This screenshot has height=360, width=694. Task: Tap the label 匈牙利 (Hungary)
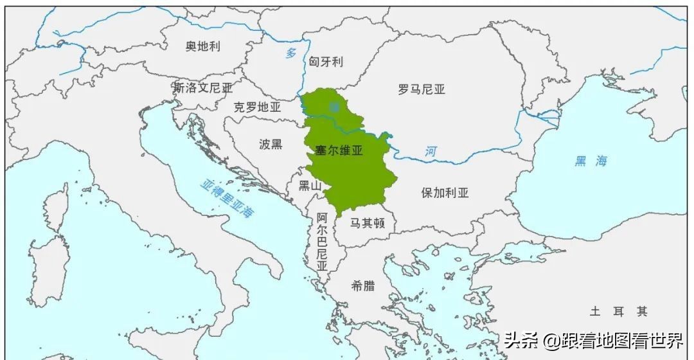(x=326, y=62)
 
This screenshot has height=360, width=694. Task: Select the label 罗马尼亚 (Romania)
(x=421, y=89)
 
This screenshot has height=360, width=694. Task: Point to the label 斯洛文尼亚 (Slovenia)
(x=202, y=87)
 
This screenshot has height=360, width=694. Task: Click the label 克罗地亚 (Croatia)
(x=257, y=107)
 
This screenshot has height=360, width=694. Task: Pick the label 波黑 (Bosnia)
(x=271, y=144)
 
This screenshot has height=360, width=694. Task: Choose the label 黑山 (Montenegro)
(x=310, y=186)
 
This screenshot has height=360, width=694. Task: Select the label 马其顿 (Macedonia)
(x=368, y=223)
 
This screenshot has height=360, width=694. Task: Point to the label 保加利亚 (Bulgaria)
(x=445, y=192)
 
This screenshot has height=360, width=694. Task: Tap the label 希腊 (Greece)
(x=363, y=285)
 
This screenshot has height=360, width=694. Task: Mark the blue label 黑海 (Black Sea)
(x=591, y=161)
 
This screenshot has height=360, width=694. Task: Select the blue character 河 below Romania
(x=430, y=152)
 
